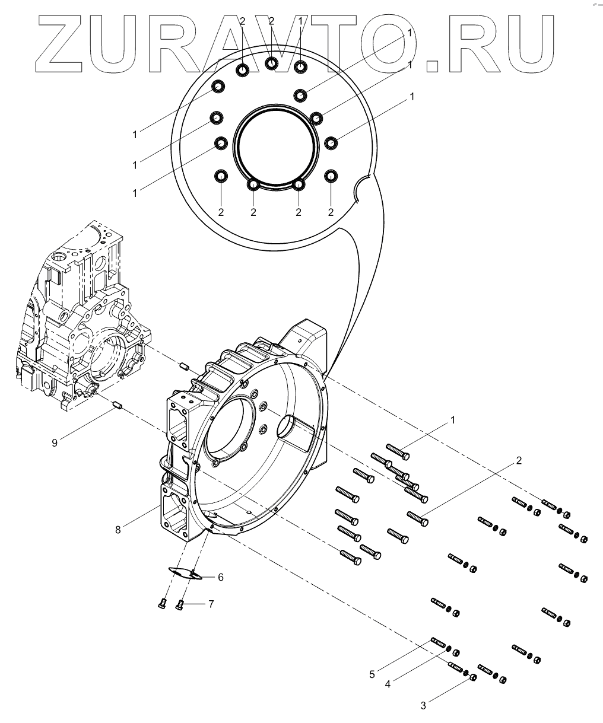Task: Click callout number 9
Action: click(55, 442)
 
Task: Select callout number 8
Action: click(118, 530)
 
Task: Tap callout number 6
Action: click(220, 577)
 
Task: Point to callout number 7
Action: click(210, 604)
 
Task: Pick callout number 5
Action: click(372, 674)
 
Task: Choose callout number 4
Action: click(388, 684)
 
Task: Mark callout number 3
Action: click(423, 705)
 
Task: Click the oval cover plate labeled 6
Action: click(184, 572)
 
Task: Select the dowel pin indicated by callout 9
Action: click(118, 406)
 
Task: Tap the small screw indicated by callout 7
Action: click(180, 604)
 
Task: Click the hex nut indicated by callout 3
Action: click(473, 677)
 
